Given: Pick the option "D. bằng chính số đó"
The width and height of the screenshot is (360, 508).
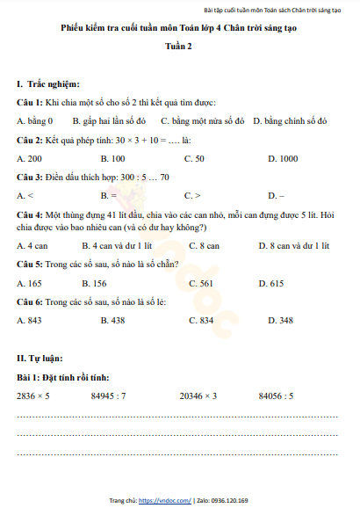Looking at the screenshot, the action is pos(290,120).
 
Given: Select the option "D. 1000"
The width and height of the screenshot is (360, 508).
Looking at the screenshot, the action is pos(283,158).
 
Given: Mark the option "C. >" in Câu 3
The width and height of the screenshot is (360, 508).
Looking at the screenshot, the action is pos(192,195).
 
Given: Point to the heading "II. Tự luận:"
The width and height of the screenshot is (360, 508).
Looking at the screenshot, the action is pos(40,358).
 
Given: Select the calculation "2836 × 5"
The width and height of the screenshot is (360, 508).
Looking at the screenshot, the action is pos(33,396).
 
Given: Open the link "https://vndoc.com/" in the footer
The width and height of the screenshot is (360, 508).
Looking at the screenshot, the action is pos(170,500).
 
